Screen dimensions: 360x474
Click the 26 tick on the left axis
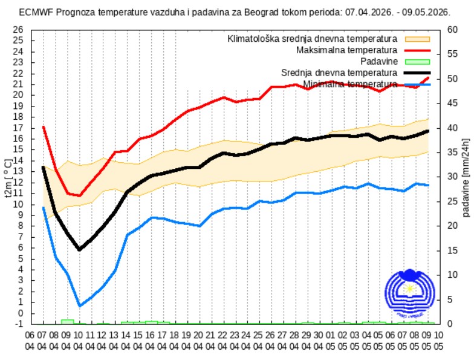[18, 29]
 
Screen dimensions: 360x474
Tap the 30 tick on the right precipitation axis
[452, 177]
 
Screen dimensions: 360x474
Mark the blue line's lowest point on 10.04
[79, 306]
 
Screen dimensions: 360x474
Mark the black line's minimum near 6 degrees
[79, 249]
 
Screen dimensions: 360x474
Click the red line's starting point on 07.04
[44, 127]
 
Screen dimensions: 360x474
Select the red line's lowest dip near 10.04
[79, 195]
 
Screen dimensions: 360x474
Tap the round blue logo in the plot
[409, 292]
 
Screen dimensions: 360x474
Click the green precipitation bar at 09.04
[67, 321]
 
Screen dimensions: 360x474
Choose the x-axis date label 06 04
[30, 339]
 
